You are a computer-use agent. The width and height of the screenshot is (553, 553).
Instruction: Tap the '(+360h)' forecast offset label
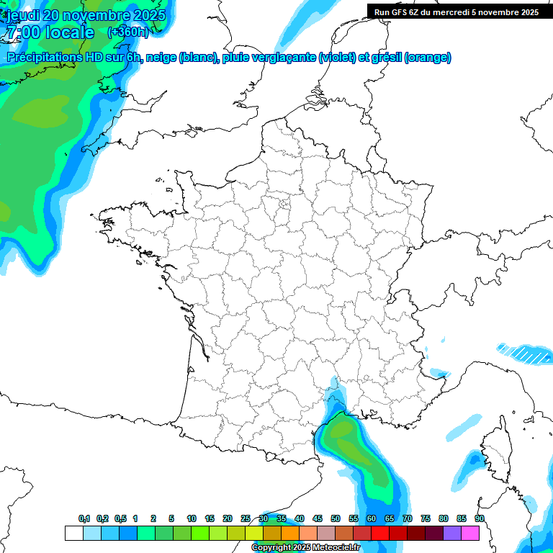[x=127, y=32]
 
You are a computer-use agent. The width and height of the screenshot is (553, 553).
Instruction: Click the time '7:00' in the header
[x=23, y=32]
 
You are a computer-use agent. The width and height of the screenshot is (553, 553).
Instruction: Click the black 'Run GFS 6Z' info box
[x=456, y=12]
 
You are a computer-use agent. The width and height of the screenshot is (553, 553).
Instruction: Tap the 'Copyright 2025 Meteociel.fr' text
[x=305, y=547]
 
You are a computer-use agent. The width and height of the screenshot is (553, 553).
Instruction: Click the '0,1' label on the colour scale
[x=84, y=519]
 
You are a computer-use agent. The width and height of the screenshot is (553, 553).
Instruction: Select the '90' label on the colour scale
[x=480, y=519]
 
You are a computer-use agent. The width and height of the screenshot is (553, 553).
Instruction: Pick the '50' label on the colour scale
[x=336, y=519]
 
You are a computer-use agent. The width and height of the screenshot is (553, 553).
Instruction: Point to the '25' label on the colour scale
[x=246, y=519]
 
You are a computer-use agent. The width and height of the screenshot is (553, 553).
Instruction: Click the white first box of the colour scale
[x=73, y=533]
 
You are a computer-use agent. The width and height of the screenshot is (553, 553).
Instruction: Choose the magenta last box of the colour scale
[x=470, y=533]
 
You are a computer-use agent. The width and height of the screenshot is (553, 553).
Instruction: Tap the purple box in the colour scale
[x=452, y=533]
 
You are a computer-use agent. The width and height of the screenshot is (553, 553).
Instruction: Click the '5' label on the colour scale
[x=171, y=519]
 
